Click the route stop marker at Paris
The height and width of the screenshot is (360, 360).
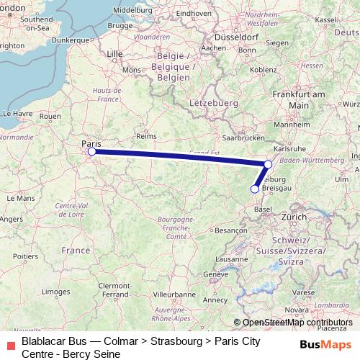(91, 151)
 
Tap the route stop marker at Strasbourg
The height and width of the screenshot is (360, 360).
(268, 164)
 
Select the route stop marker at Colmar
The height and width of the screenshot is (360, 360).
(254, 189)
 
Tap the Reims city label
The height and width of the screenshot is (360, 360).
(147, 135)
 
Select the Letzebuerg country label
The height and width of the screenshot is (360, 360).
(214, 104)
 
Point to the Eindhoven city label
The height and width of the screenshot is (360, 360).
(193, 13)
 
